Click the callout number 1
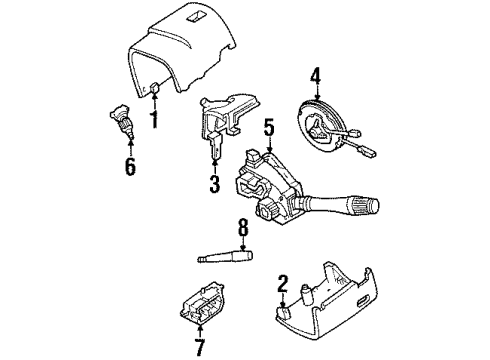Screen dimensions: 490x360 [154, 120]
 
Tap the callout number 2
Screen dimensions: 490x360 [282, 284]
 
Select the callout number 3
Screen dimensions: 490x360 [215, 184]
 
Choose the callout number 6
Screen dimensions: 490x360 [130, 167]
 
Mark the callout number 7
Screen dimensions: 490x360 [200, 347]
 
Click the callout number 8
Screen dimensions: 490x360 [243, 227]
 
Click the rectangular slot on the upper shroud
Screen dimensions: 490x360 [194, 18]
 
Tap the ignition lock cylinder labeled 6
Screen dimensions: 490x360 [121, 122]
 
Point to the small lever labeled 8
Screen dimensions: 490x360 [225, 257]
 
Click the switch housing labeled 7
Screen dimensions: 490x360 [201, 304]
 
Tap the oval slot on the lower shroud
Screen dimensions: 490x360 [362, 301]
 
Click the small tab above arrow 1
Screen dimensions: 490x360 [154, 88]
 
